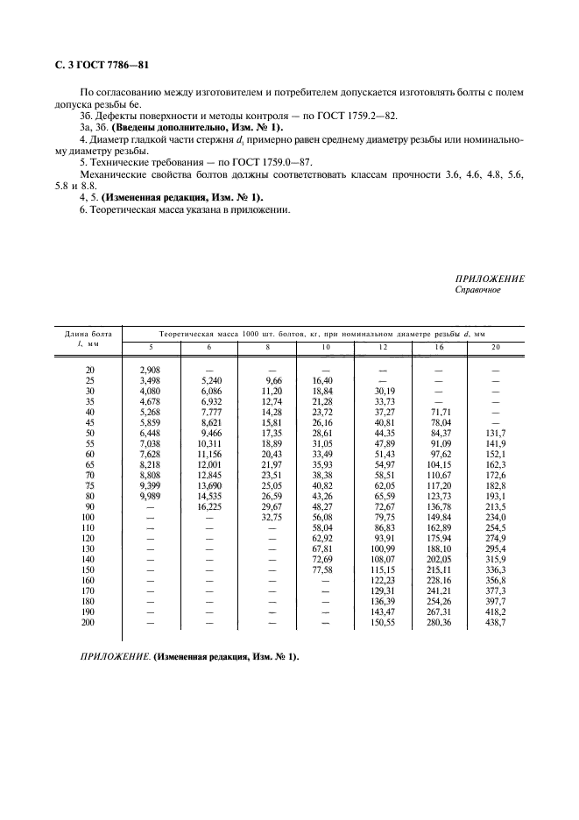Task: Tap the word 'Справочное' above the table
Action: tap(478, 290)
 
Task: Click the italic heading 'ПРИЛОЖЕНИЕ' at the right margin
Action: tap(490, 279)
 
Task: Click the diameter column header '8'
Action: tap(267, 349)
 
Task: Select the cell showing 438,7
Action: tap(496, 623)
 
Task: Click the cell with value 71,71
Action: tap(439, 411)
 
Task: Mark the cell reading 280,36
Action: tap(439, 623)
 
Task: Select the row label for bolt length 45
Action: tap(88, 421)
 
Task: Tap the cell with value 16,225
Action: tap(209, 507)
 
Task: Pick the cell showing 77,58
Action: tap(323, 569)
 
